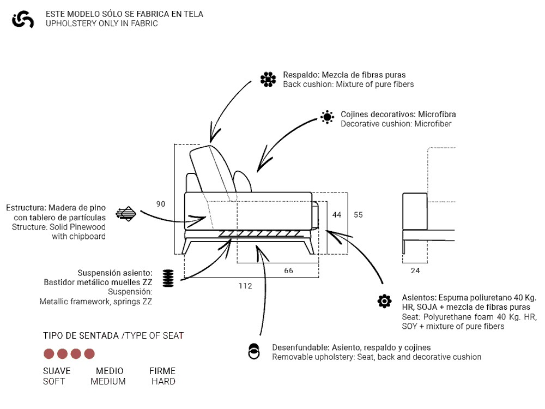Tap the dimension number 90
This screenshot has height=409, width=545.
click(x=161, y=204)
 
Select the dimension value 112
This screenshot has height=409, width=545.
click(x=245, y=286)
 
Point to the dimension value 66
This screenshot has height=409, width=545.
click(x=289, y=271)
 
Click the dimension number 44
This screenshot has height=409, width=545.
click(x=337, y=215)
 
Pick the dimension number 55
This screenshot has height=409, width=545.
click(x=358, y=215)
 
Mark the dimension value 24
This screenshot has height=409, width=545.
click(x=416, y=271)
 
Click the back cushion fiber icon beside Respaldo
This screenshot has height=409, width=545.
click(x=268, y=80)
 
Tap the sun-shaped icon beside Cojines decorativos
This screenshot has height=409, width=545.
click(x=327, y=117)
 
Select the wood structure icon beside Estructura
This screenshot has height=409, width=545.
click(x=126, y=213)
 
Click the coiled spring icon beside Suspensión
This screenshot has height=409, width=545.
click(x=168, y=279)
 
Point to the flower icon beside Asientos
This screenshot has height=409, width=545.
click(x=384, y=301)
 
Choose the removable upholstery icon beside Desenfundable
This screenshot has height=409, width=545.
click(x=253, y=352)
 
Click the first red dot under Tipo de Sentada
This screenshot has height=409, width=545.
click(x=49, y=353)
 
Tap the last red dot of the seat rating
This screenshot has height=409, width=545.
click(x=89, y=353)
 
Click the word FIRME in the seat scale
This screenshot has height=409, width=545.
click(x=162, y=371)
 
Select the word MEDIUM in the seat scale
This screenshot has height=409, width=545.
click(x=108, y=382)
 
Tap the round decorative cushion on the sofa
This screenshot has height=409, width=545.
click(x=243, y=182)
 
